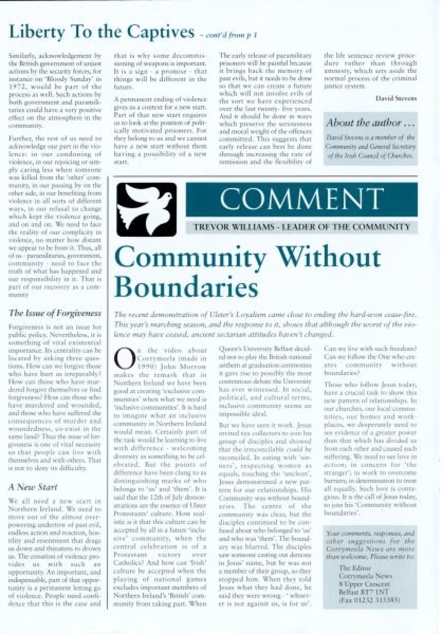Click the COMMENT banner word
(301, 199)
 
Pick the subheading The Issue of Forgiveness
(55, 313)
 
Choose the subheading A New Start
(33, 487)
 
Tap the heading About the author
(370, 123)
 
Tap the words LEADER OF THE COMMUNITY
(346, 227)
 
